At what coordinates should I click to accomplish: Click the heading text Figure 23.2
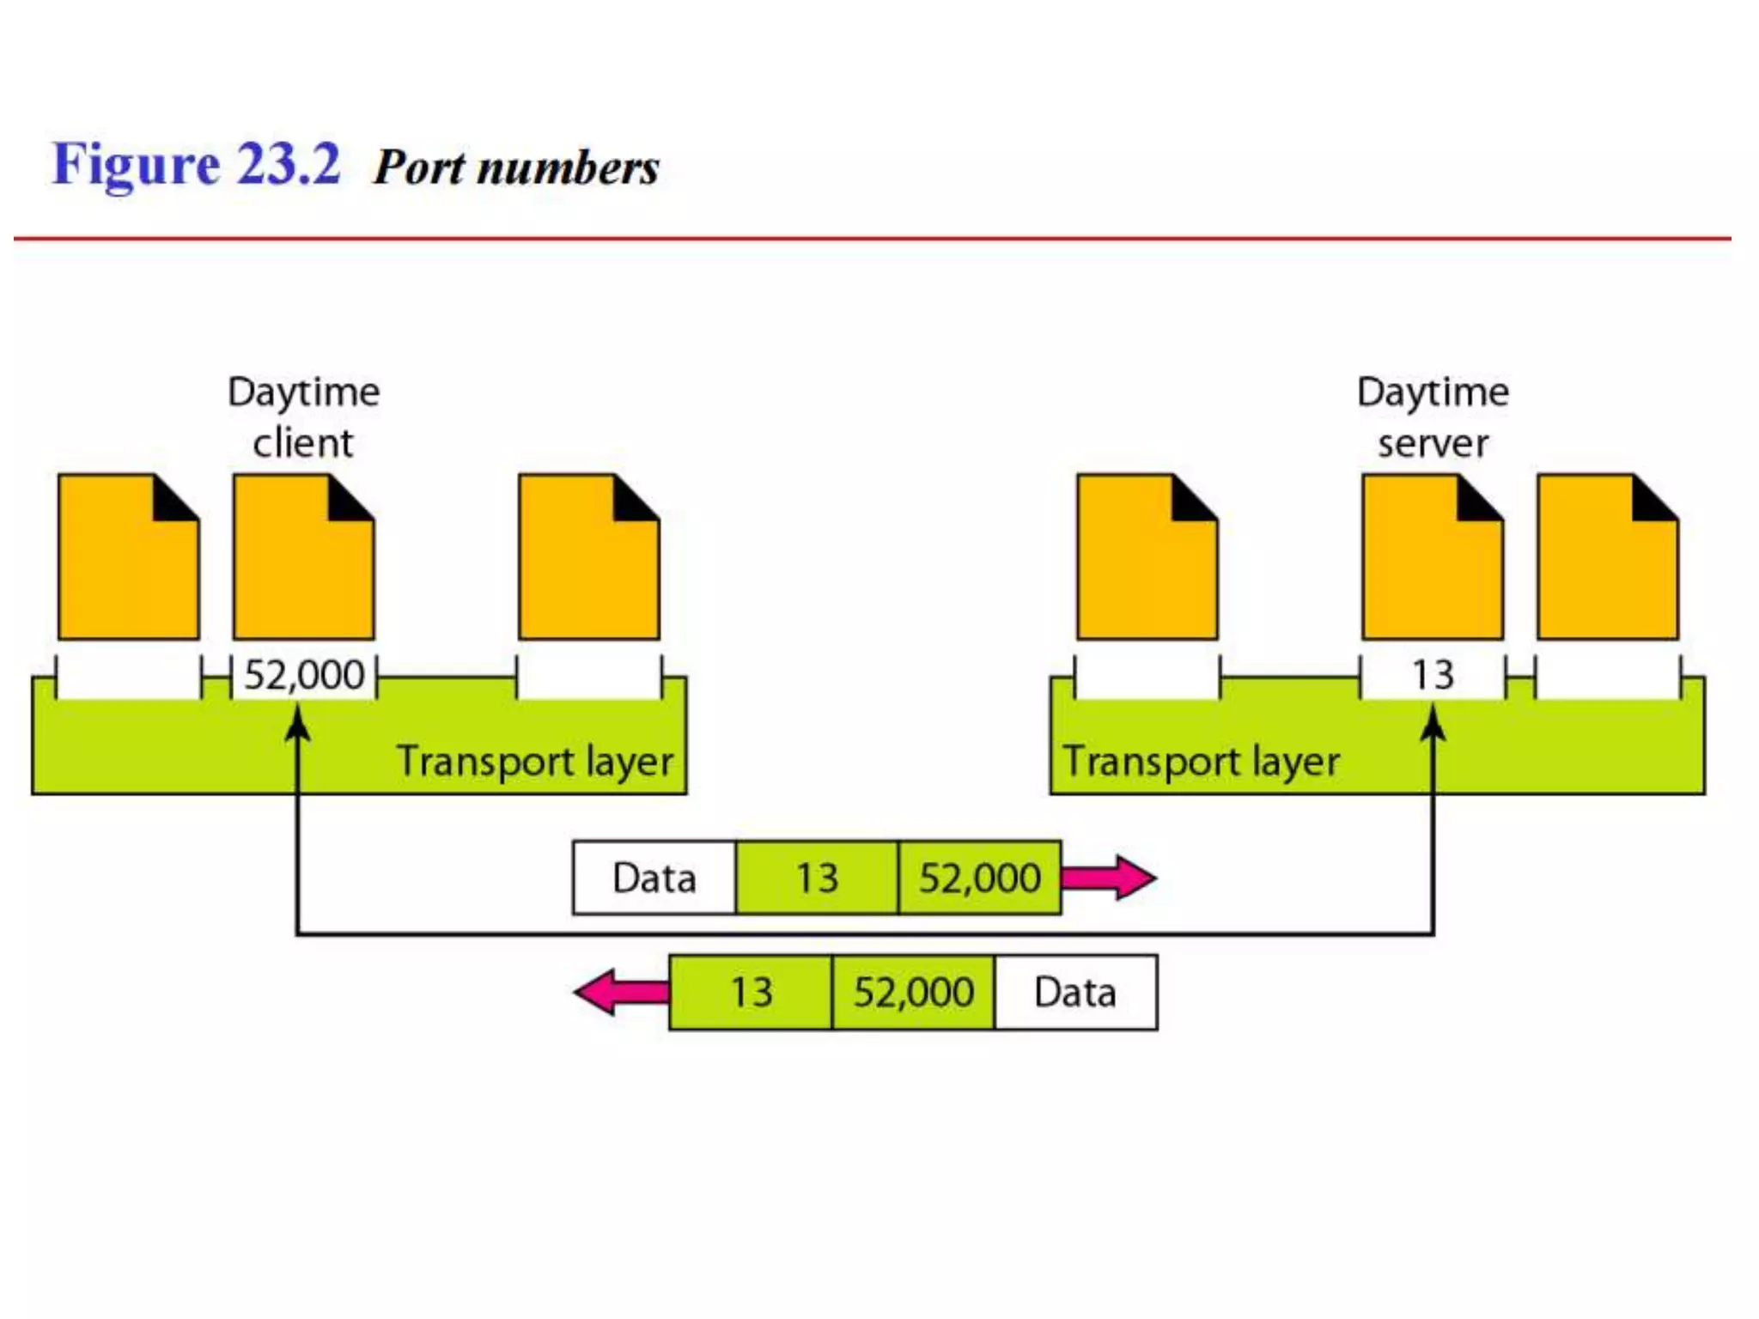(x=196, y=165)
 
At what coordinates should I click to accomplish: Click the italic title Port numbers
(x=516, y=167)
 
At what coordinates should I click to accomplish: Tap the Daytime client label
(x=303, y=417)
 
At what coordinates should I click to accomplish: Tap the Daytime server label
(x=1432, y=417)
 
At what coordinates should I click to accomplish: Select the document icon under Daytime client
(x=303, y=558)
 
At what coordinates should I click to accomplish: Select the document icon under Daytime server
(x=1432, y=558)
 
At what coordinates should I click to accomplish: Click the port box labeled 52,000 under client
(x=304, y=676)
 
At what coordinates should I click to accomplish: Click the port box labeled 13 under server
(x=1432, y=676)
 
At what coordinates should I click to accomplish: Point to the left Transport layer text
(x=534, y=762)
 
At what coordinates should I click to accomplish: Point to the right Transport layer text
(x=1201, y=762)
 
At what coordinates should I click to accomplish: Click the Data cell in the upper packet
(x=654, y=878)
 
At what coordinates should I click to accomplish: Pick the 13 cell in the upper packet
(x=817, y=878)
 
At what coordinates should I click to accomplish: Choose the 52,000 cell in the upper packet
(x=979, y=878)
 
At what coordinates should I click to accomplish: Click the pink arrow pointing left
(x=620, y=993)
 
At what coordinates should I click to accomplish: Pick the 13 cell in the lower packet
(x=751, y=993)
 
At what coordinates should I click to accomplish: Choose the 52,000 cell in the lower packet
(x=913, y=993)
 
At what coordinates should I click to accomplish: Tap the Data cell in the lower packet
(x=1075, y=993)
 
